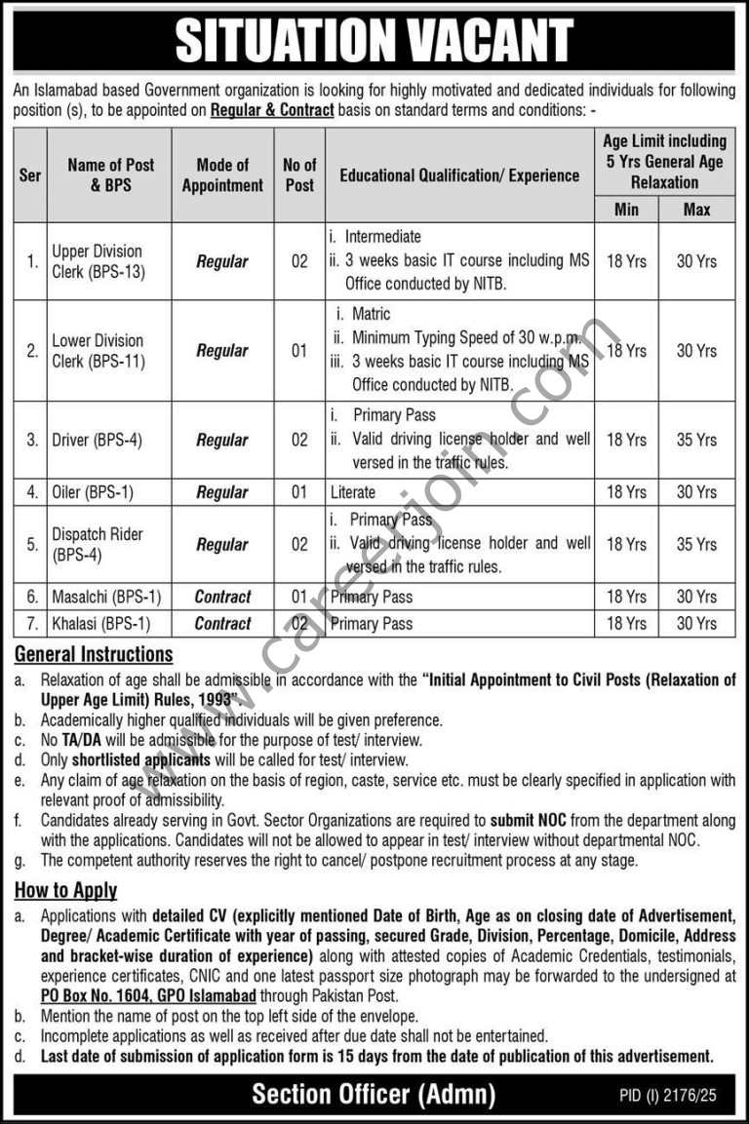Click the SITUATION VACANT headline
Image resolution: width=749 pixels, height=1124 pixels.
tap(374, 42)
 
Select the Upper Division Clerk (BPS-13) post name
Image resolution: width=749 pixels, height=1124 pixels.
tap(98, 261)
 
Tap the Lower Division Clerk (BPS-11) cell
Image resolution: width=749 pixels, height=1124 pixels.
tap(98, 350)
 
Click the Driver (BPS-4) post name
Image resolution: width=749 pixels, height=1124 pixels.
tap(98, 440)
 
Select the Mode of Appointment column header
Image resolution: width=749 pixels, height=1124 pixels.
tap(222, 175)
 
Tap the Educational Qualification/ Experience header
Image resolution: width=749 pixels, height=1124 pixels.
tap(459, 175)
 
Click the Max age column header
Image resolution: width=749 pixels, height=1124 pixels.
tap(696, 209)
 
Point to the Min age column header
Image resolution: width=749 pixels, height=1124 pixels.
tap(626, 209)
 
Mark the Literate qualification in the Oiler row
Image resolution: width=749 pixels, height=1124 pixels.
tap(352, 492)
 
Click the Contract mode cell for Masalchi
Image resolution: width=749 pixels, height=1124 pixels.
tap(222, 597)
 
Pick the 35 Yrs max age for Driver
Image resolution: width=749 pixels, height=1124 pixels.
tap(696, 440)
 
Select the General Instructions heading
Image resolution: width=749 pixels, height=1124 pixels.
tap(94, 654)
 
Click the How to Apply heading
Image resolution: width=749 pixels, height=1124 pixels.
tap(65, 889)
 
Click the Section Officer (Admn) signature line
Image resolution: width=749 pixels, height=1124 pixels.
tap(374, 1094)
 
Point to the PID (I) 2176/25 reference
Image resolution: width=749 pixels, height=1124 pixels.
tap(667, 1097)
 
